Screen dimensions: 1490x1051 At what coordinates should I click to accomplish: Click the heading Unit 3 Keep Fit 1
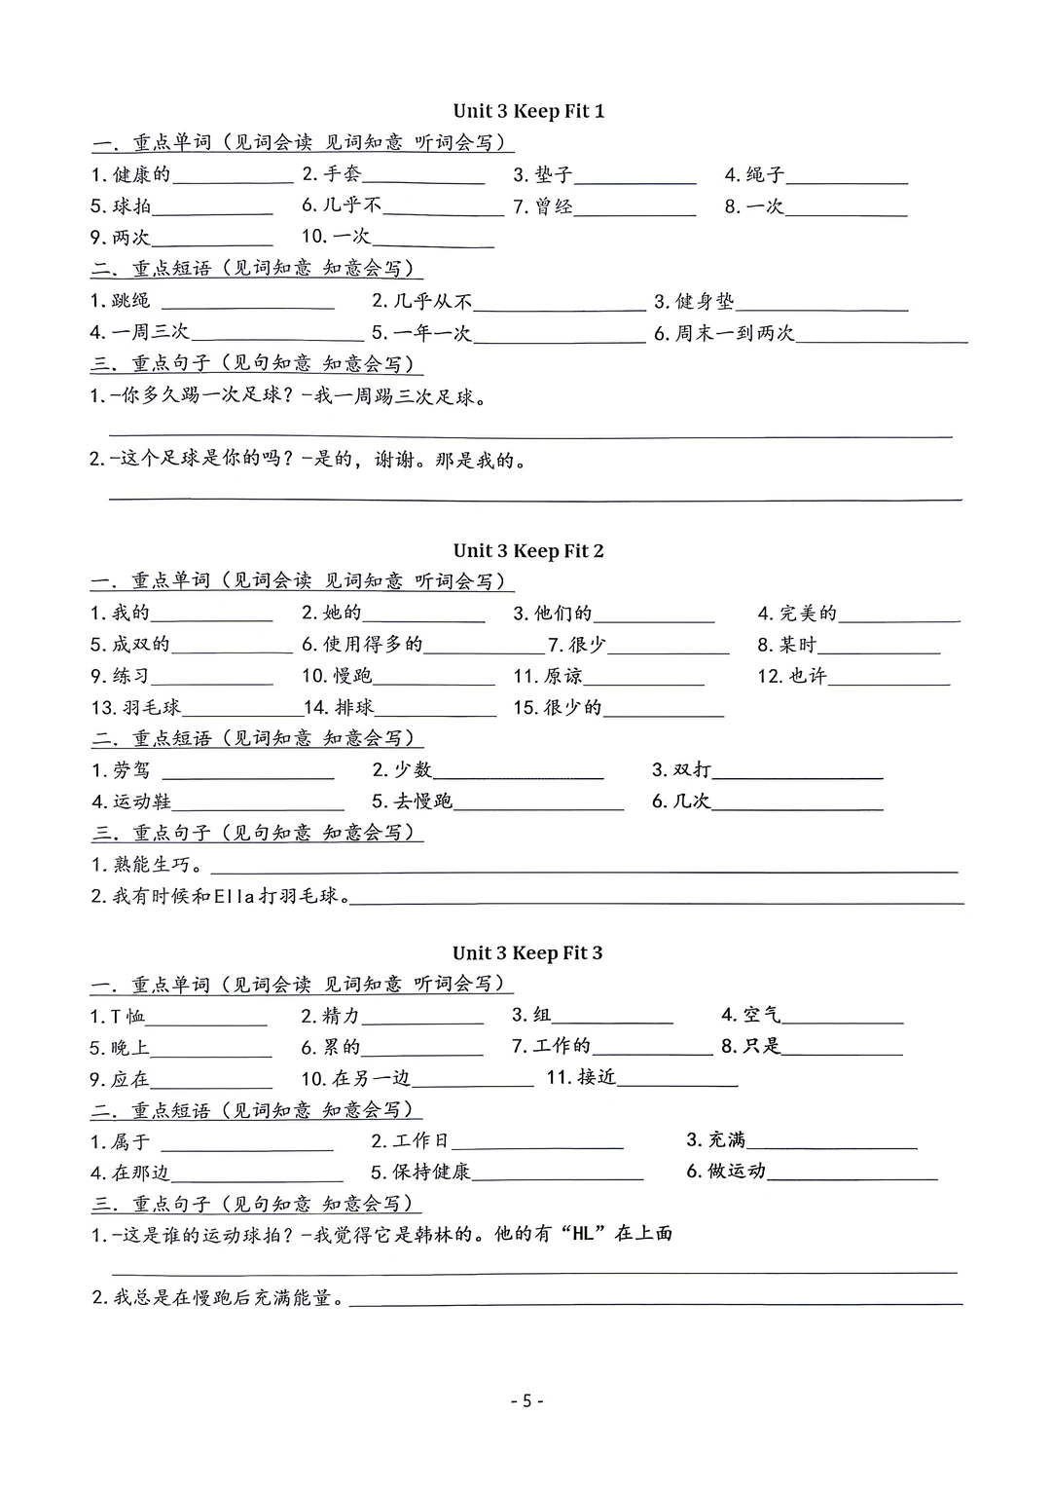coord(528,111)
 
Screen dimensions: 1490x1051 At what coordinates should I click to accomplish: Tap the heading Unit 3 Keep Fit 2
coord(528,551)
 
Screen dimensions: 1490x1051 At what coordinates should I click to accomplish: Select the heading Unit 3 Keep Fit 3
coord(527,952)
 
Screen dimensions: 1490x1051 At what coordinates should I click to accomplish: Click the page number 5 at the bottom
coord(526,1400)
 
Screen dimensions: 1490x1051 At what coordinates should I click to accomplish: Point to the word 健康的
coord(141,174)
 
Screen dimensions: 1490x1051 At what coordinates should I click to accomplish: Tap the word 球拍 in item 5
coord(131,206)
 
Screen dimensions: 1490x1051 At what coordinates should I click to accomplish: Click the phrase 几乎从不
coord(433,301)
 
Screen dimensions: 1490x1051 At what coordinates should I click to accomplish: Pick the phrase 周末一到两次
coord(735,333)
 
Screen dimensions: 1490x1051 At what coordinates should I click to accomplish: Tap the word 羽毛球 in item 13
coord(152,707)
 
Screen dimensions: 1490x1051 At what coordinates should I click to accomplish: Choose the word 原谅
coord(562,676)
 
